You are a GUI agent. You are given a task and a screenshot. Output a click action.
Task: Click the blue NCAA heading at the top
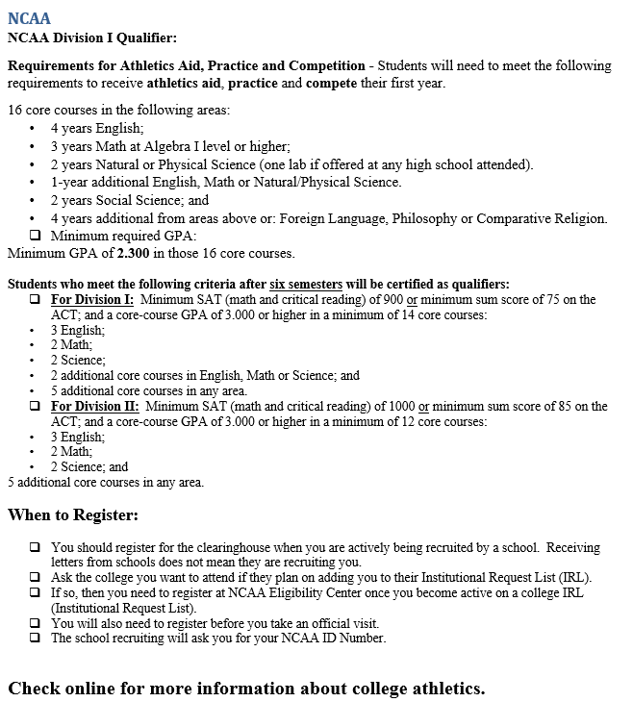tap(29, 18)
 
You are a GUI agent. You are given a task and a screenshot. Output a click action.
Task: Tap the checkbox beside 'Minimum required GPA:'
tap(35, 236)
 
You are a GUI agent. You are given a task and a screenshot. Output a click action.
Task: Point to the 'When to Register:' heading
tap(73, 514)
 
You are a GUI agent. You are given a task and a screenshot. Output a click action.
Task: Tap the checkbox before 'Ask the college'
tap(35, 578)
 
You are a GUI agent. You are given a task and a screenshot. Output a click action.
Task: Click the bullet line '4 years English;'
tap(97, 128)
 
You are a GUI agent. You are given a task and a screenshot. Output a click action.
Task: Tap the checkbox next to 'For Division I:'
tap(35, 300)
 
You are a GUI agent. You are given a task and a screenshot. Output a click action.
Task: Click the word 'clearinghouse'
tap(205, 547)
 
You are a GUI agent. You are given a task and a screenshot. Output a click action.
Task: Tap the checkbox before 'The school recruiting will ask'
tap(35, 638)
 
